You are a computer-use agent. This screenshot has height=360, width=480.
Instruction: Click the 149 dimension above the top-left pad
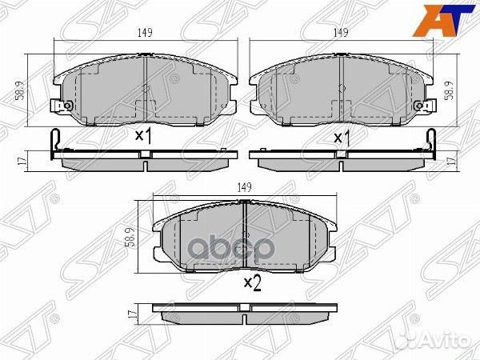coord(145,33)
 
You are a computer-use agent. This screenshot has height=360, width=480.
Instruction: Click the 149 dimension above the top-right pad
coord(341,33)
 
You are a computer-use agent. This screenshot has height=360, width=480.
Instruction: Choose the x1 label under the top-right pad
coord(342,138)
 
